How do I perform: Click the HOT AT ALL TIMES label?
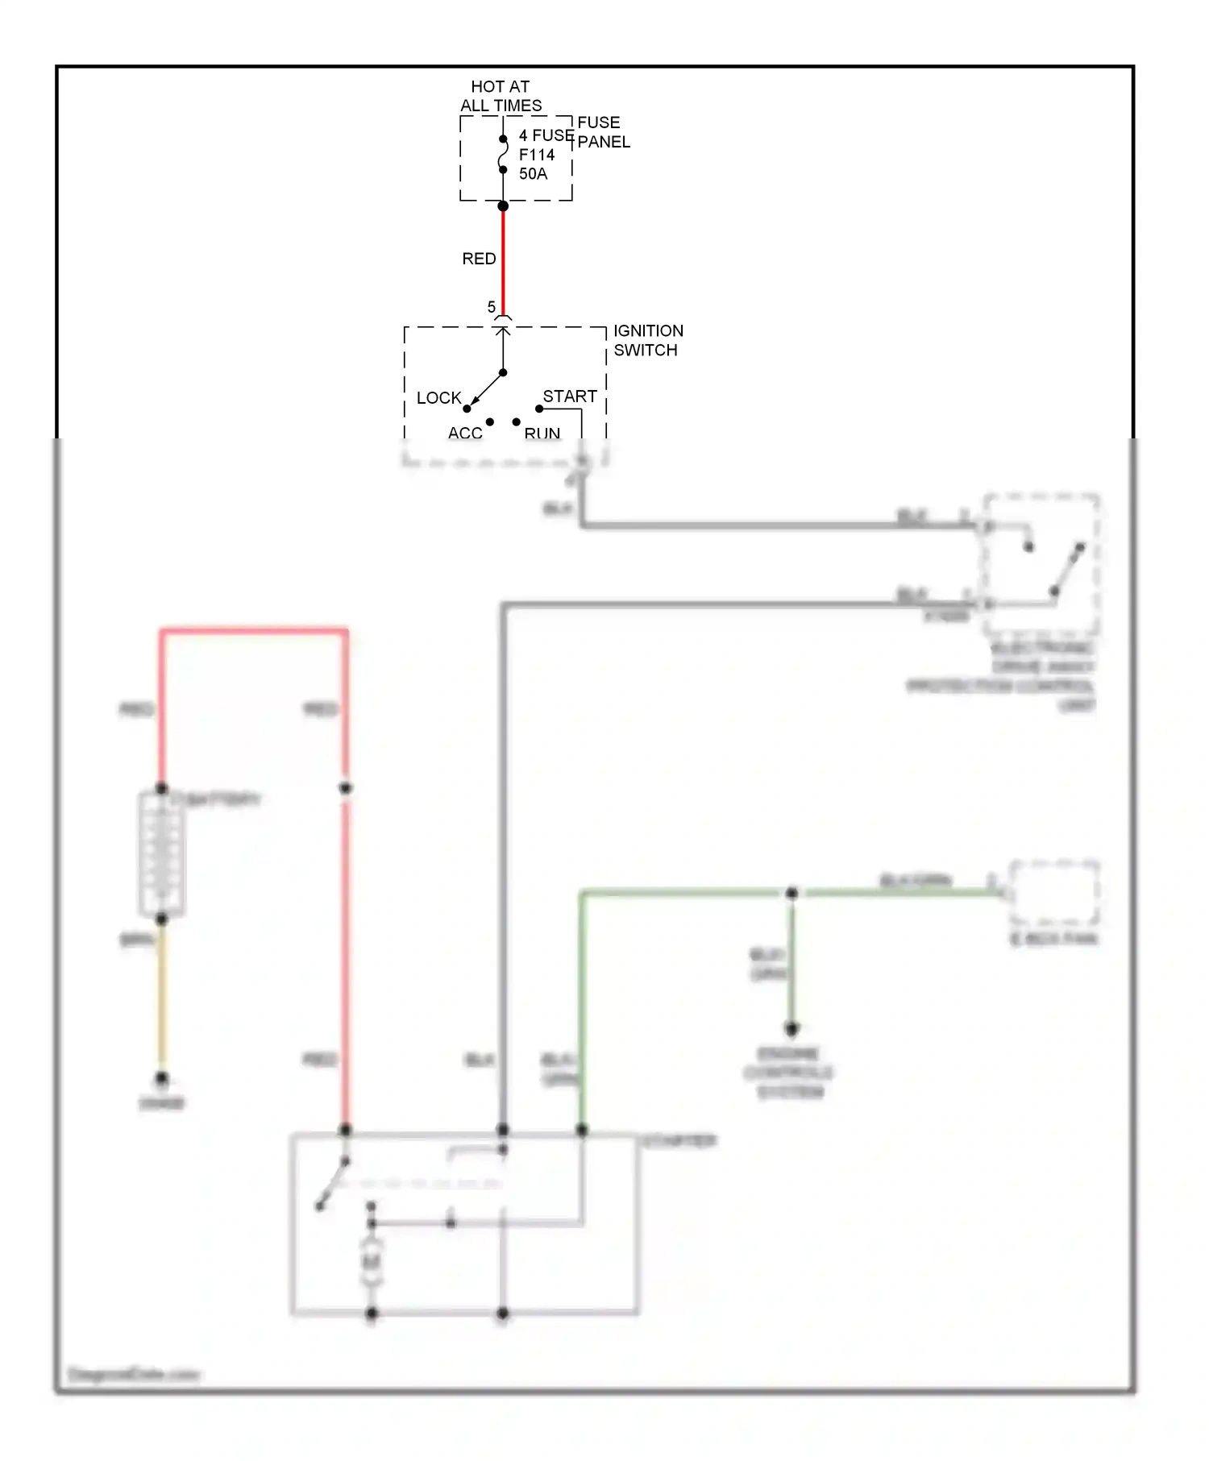(501, 96)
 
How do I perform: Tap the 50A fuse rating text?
(533, 174)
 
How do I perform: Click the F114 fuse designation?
(537, 155)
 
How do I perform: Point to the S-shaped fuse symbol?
(503, 154)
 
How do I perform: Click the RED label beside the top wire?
(479, 259)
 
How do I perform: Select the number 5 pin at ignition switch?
(492, 307)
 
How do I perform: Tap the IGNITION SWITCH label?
(648, 340)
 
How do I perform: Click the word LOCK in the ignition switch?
(438, 398)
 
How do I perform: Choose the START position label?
(570, 396)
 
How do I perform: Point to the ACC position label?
(465, 434)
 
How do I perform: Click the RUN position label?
(542, 434)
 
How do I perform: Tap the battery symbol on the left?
(162, 854)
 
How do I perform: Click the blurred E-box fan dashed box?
(1054, 893)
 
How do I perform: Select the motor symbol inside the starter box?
(372, 1262)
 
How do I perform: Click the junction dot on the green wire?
(791, 893)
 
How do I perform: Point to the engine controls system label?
(788, 1073)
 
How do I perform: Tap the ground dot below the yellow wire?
(162, 1078)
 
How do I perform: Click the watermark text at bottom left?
(134, 1375)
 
